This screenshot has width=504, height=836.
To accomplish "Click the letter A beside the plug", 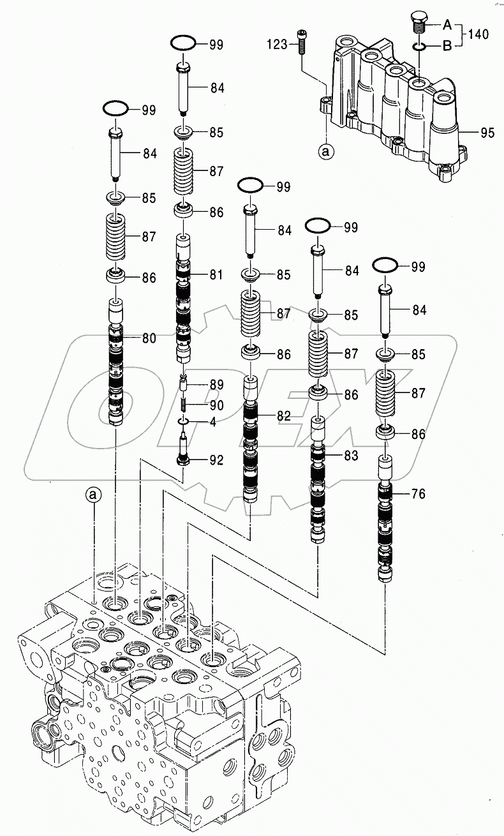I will tap(447, 26).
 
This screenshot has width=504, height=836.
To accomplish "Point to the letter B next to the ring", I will tap(447, 45).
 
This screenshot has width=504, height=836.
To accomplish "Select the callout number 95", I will tap(487, 133).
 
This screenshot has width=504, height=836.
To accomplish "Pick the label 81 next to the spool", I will tap(216, 275).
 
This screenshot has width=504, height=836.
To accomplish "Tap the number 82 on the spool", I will tap(284, 415).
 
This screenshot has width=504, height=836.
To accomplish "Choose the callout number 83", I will tap(352, 456).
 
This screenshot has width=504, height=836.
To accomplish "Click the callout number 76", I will tap(418, 493).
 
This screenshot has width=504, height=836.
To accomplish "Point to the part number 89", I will tap(216, 384).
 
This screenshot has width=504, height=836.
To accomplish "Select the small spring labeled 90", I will tap(183, 405).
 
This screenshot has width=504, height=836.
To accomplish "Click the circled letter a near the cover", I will tap(326, 152).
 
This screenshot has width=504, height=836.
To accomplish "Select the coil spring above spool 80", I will tap(115, 237).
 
